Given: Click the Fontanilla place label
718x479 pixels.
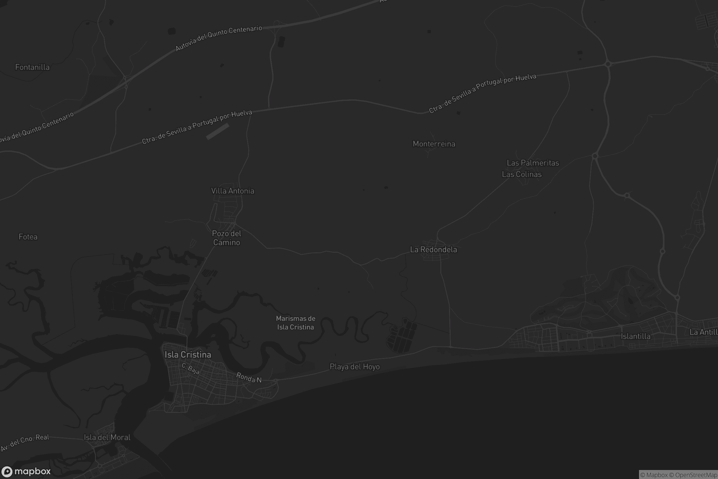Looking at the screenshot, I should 32,67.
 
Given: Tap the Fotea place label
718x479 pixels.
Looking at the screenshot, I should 28,237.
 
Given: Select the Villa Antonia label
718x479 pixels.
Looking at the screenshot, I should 233,191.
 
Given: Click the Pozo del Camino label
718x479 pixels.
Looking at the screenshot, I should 226,238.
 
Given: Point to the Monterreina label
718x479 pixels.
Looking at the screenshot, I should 434,144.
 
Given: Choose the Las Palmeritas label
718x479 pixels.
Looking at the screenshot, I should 533,163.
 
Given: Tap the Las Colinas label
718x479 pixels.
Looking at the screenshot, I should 522,175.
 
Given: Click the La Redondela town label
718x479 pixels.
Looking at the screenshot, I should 433,250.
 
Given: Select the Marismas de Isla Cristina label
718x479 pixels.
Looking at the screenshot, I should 296,323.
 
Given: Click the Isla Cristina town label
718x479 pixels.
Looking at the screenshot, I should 188,355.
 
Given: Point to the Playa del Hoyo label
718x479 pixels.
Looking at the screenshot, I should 355,366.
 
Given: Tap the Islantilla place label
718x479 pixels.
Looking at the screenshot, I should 635,336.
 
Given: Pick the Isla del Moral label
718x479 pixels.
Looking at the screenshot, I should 107,437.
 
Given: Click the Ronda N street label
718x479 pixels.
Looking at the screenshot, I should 249,378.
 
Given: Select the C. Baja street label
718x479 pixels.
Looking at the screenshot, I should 191,369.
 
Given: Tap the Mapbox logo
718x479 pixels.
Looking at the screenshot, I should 26,471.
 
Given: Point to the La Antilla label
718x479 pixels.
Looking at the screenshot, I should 703,332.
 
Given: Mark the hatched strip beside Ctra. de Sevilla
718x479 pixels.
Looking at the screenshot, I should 218,131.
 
